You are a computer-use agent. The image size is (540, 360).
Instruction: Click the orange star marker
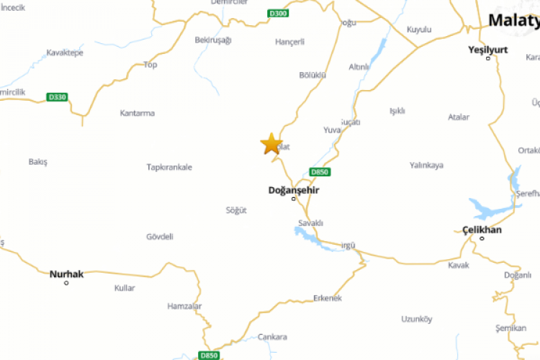click(271, 143)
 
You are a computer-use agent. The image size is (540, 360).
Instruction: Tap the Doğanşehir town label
click(293, 190)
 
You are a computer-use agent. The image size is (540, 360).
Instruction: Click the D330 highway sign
click(56, 96)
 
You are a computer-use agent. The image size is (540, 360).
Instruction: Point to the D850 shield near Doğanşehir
click(320, 171)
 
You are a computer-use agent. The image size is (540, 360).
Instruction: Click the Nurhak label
click(66, 274)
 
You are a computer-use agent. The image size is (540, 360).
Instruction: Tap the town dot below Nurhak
click(66, 283)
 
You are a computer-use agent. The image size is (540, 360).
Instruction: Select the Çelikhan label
click(482, 230)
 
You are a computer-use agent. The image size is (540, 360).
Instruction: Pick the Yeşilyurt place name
click(488, 49)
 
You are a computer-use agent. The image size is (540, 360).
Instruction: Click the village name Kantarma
click(137, 113)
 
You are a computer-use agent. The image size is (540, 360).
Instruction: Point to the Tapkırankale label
click(169, 167)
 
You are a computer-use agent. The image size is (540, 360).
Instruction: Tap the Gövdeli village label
click(160, 236)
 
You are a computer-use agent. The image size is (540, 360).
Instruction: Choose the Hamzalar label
click(184, 306)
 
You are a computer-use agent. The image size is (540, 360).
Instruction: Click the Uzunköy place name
click(416, 319)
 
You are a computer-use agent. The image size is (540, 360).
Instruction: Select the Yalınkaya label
click(426, 165)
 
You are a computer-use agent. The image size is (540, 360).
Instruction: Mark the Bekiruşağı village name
click(213, 40)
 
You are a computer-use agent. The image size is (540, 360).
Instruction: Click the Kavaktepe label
click(65, 53)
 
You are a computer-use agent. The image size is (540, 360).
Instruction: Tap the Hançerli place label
click(290, 42)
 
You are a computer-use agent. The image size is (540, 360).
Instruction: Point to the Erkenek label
click(328, 298)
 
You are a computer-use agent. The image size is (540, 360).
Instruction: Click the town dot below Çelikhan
click(482, 238)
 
